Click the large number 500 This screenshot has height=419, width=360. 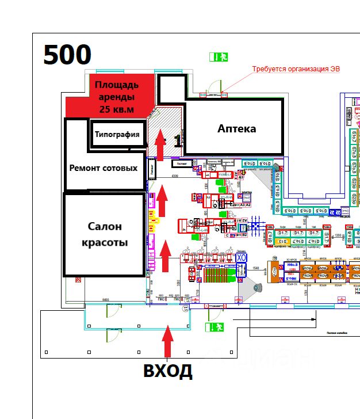[x=67, y=55]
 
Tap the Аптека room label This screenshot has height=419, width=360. [x=236, y=128]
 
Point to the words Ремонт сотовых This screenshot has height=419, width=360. [x=104, y=168]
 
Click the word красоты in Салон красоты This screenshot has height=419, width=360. [x=105, y=242]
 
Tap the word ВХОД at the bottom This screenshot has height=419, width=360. [x=168, y=371]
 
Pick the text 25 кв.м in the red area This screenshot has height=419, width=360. [x=117, y=109]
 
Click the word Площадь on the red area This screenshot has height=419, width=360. [x=117, y=86]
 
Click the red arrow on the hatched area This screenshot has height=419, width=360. [x=160, y=144]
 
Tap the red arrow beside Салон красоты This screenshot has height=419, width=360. [x=166, y=256]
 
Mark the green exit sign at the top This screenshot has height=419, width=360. [x=219, y=57]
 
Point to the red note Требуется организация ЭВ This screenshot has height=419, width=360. [x=296, y=69]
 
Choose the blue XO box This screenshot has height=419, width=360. [x=242, y=258]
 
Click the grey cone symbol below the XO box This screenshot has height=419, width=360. [x=253, y=286]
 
